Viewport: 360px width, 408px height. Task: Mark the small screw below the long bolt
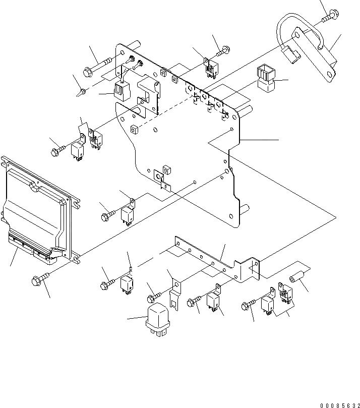coord(81,92)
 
